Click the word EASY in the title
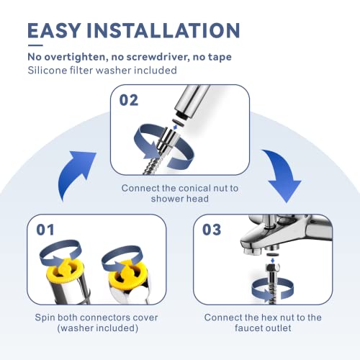tap(54, 30)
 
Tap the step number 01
tap(45, 230)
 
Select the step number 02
tap(129, 100)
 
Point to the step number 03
tap(212, 230)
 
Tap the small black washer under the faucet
tap(272, 254)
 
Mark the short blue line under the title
tap(35, 45)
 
